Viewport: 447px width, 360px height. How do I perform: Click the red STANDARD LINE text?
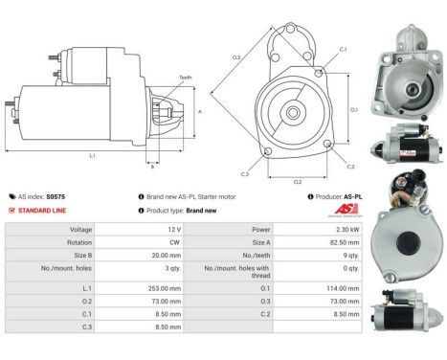45,210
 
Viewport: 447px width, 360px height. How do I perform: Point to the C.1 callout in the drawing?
343,49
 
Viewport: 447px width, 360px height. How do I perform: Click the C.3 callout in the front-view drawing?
245,174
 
